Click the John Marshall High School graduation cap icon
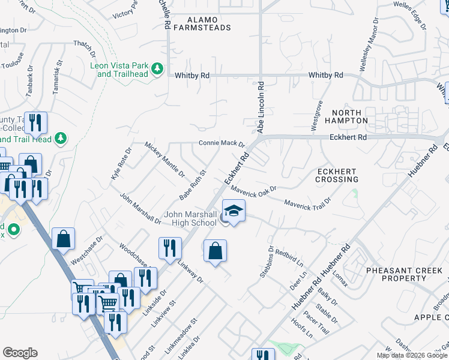(234, 211)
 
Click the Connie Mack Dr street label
(222, 144)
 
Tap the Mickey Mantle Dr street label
(165, 160)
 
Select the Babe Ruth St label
(193, 185)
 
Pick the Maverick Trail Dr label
(308, 204)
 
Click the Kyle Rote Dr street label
(121, 164)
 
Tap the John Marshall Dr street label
(140, 208)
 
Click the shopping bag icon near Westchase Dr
(63, 239)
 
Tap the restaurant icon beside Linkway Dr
(170, 249)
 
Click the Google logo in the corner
(20, 353)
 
